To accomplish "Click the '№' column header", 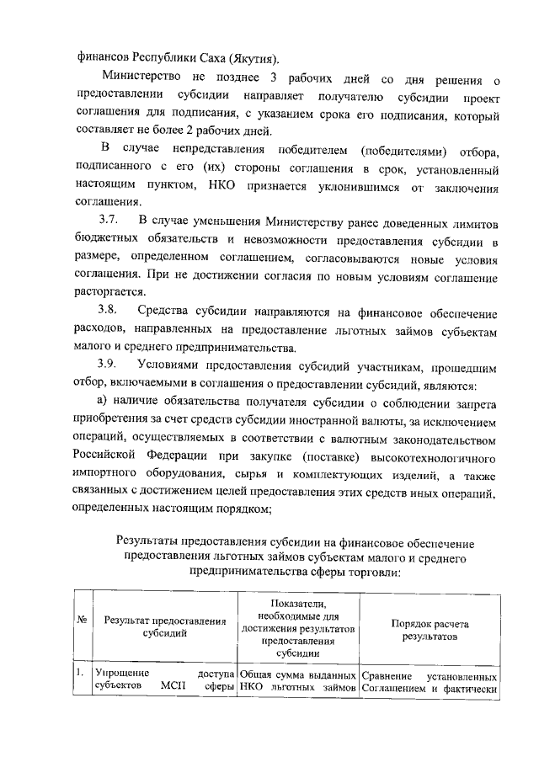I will tap(83, 621).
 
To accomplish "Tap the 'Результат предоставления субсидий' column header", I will tap(165, 627).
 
